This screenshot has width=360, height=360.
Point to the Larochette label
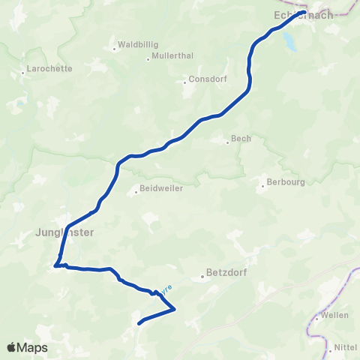pos(49,68)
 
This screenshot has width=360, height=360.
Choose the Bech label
pos(241,139)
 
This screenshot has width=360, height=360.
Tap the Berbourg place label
pos(283,181)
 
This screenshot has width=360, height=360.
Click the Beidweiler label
pos(161,190)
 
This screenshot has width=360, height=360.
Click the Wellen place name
pos(334,315)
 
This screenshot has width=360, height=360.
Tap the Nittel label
pos(345,348)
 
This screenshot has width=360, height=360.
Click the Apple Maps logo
pos(26,348)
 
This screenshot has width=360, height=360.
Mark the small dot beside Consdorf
pos(184,82)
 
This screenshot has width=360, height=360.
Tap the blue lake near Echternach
pos(289,43)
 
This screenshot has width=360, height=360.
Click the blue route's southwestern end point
pos(139,324)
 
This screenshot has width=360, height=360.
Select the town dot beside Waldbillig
pos(114,49)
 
